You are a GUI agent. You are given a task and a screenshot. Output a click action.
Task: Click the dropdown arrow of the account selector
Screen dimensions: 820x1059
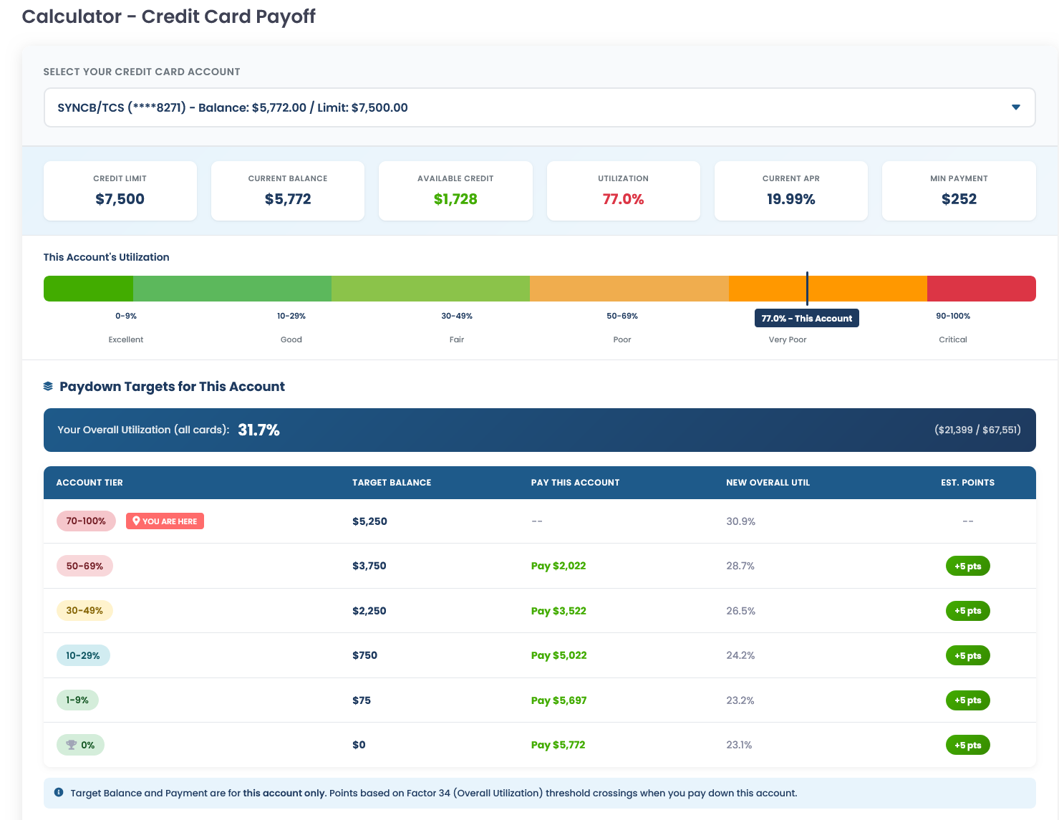(x=1015, y=107)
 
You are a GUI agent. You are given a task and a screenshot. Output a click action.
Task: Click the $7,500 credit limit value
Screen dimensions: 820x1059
(x=120, y=199)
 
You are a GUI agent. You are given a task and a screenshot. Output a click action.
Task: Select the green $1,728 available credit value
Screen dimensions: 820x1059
(x=455, y=199)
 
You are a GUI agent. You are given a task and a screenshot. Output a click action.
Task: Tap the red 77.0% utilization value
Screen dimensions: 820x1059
(x=623, y=199)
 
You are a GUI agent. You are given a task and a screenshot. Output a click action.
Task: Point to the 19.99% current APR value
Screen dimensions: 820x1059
(x=790, y=199)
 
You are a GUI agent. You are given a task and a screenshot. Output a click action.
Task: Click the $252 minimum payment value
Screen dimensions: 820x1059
(x=959, y=199)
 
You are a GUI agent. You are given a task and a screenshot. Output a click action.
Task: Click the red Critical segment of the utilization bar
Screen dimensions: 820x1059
(x=981, y=289)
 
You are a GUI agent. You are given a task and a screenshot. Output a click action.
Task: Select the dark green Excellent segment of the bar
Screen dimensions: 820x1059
(x=88, y=289)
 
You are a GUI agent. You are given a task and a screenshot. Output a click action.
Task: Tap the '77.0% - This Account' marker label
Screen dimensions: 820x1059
(x=806, y=319)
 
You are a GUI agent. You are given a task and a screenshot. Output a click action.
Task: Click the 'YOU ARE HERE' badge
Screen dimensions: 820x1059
(x=165, y=521)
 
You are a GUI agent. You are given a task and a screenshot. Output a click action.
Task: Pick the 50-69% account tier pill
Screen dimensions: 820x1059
(x=84, y=566)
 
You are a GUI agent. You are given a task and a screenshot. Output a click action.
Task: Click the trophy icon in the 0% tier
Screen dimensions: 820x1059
(x=71, y=745)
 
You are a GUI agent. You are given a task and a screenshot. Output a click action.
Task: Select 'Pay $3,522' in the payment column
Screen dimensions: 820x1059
(x=558, y=611)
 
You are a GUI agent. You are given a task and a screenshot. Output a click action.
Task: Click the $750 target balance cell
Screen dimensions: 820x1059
(x=364, y=655)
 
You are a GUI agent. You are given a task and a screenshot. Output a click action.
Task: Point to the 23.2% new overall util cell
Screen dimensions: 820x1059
(x=740, y=700)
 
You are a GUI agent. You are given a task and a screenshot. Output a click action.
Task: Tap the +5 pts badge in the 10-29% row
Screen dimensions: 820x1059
(x=967, y=655)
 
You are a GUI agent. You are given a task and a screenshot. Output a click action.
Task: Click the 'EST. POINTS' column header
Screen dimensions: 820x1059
(x=967, y=483)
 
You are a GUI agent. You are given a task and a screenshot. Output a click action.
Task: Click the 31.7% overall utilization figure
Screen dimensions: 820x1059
(x=258, y=430)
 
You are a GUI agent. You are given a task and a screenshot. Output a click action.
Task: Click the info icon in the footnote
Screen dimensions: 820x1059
(x=59, y=793)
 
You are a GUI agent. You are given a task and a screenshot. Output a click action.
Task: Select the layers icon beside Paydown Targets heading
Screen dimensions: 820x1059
(x=48, y=387)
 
